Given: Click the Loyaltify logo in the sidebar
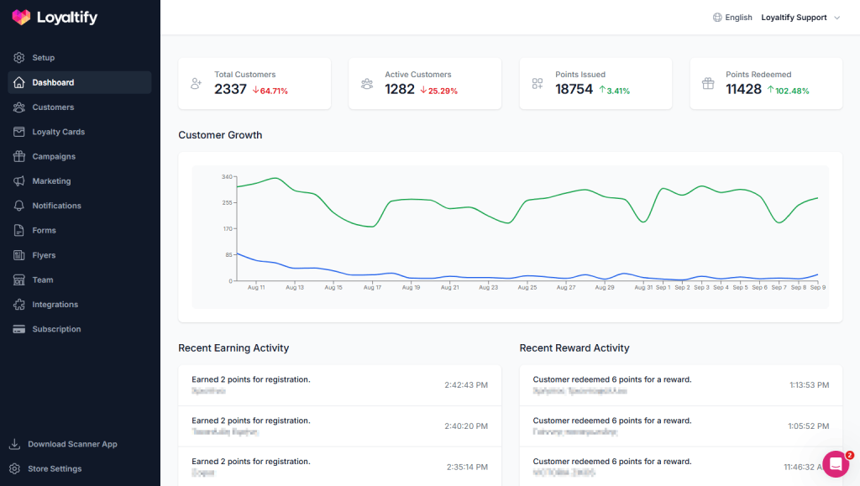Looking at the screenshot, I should (55, 17).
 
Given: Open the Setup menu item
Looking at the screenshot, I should (43, 58).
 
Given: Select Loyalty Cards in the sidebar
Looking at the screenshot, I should (58, 132).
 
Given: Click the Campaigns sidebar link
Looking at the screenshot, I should (54, 157).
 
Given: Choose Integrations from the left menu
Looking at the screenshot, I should (55, 305).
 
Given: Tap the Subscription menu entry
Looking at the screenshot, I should (56, 329).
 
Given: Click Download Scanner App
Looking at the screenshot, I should (72, 444).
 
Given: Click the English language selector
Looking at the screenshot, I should (732, 18).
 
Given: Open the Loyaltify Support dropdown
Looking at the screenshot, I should (800, 18).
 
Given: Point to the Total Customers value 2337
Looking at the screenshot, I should (230, 89).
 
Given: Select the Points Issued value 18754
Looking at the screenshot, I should (574, 89).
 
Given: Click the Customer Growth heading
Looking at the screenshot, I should (220, 135).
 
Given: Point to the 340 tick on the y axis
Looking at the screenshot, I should (227, 176).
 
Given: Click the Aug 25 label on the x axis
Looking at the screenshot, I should (527, 287).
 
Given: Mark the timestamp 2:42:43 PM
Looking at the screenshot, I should (466, 385).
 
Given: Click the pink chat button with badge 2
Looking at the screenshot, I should (836, 464).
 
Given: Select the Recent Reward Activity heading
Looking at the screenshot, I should (574, 348).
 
